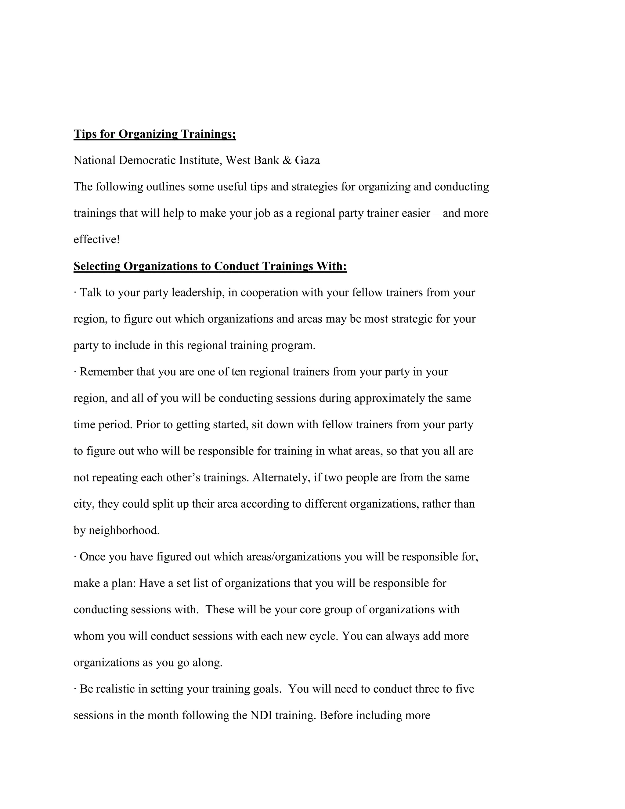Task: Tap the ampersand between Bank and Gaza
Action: coord(287,160)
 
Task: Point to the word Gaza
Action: coord(307,160)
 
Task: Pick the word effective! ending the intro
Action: coord(97,240)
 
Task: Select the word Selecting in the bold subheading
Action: coord(97,266)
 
